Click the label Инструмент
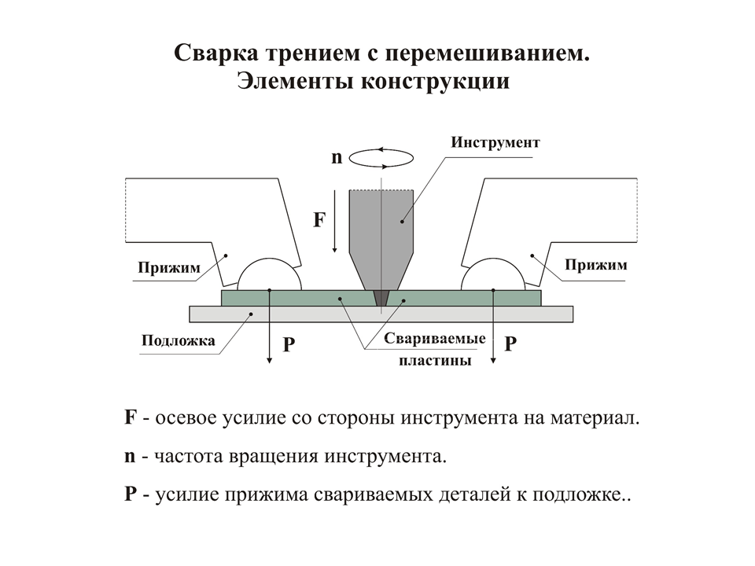click(x=496, y=143)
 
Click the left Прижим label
click(x=168, y=268)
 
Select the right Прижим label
click(x=595, y=264)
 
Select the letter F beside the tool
click(x=319, y=220)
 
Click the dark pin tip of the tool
click(x=381, y=298)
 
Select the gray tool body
click(x=381, y=228)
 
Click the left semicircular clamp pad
click(x=269, y=276)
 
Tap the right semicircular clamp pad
click(x=493, y=276)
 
